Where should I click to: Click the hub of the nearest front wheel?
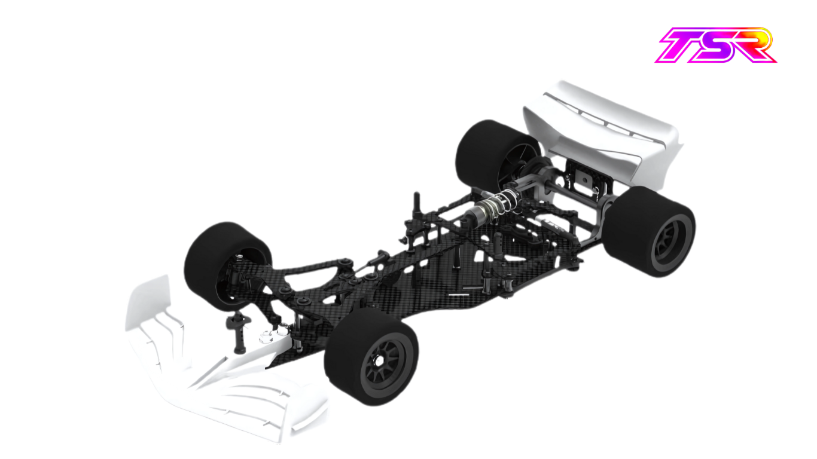coord(379,360)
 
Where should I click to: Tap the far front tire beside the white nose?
coord(227,266)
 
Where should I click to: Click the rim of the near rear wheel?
coord(670,243)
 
